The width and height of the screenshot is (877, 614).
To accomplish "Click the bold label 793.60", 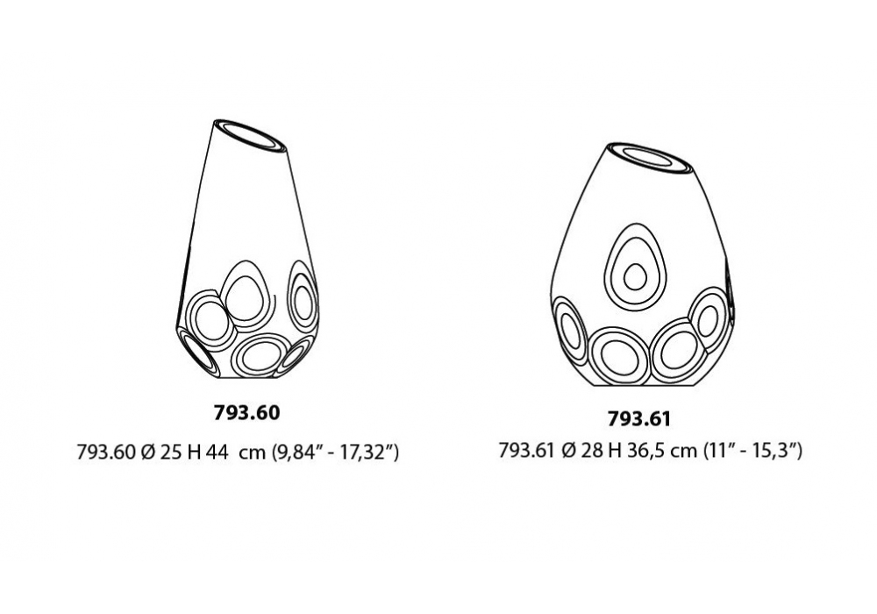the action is [246, 412].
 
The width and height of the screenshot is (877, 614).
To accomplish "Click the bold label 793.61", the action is [638, 419].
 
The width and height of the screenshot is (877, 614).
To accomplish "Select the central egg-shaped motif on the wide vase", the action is [635, 268].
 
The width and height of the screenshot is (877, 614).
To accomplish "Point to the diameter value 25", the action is [171, 452].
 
